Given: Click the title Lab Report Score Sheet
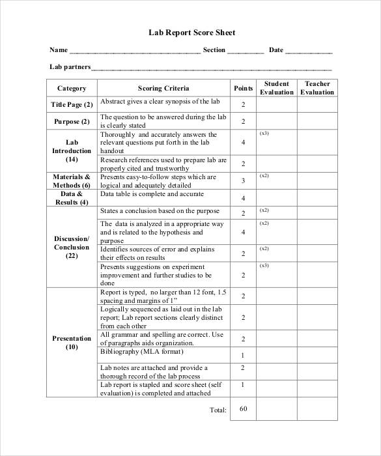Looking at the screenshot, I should pos(190,33).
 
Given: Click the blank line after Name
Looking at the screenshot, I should pos(135,51).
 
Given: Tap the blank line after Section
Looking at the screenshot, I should pos(246,51).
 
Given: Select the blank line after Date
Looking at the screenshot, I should pos(309,51).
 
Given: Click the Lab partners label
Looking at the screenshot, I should pos(70,67).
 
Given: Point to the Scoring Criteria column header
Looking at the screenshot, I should pos(163,88).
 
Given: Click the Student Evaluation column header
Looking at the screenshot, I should pos(277,88).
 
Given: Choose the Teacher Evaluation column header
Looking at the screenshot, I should pos(317,88).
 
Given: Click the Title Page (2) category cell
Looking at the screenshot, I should pos(72,104).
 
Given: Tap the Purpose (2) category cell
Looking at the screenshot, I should pos(72,122).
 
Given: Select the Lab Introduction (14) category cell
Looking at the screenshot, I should pos(72,150).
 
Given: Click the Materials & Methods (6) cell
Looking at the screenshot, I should pos(72,180).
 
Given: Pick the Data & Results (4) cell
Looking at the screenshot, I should pos(72,198).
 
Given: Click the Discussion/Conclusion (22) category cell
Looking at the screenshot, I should pos(72,247).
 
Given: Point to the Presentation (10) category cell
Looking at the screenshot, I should pos(72,343).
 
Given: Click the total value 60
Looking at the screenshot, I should pos(244,408).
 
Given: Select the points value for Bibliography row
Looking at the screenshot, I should pos(243,356).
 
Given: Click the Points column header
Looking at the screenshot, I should pos(243,88).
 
